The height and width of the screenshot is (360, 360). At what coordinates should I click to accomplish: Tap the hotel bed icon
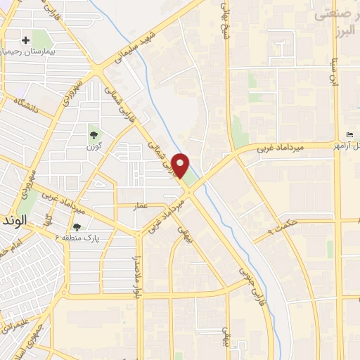(x=349, y=135)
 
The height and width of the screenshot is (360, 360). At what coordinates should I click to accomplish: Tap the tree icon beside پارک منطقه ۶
(x=77, y=226)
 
